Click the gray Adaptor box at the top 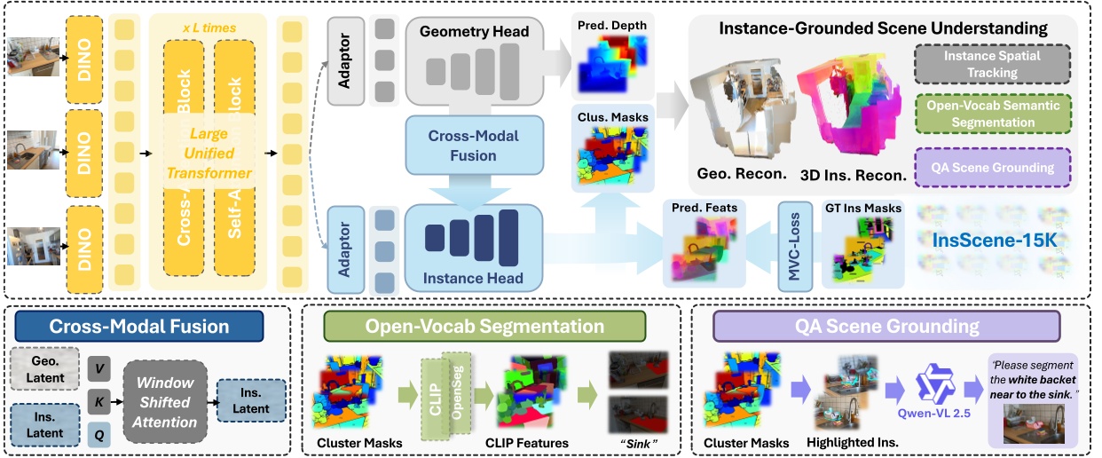click(x=346, y=57)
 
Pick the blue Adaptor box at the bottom click(x=346, y=249)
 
